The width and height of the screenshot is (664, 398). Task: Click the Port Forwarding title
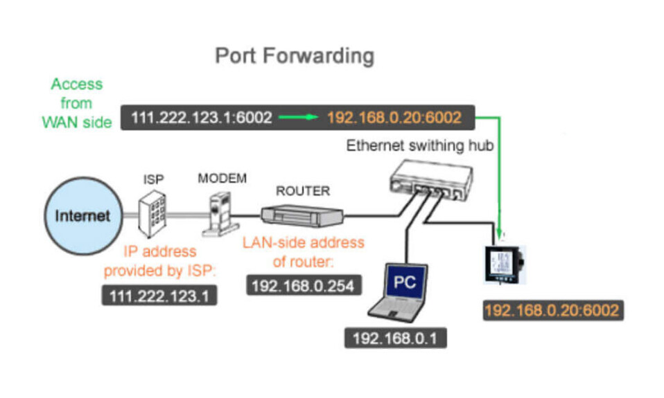(x=295, y=56)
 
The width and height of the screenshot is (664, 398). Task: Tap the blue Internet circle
(x=83, y=216)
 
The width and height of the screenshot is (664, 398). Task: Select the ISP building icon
(x=152, y=214)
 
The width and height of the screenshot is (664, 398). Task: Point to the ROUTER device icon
(x=302, y=216)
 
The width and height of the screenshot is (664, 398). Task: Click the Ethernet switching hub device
(x=431, y=181)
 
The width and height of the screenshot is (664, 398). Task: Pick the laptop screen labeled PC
(x=405, y=282)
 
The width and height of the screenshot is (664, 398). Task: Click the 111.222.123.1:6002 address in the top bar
(x=202, y=117)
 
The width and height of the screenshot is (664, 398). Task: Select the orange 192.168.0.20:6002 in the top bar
(x=394, y=117)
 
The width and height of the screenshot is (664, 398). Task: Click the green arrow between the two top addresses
(x=299, y=117)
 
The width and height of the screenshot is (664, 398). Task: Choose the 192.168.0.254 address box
(x=304, y=286)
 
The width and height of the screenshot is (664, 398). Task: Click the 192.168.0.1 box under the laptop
(x=396, y=338)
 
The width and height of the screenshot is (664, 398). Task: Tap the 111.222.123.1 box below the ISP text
(x=159, y=296)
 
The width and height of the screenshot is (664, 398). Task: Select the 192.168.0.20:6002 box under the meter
(x=552, y=311)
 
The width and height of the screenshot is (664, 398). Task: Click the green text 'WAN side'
(x=77, y=123)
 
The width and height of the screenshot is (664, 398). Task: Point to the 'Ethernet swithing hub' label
(x=420, y=146)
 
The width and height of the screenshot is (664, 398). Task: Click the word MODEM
(x=222, y=178)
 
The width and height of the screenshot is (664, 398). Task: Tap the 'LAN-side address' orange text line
(x=303, y=242)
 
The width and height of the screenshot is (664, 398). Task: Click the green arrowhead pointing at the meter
(x=500, y=235)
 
